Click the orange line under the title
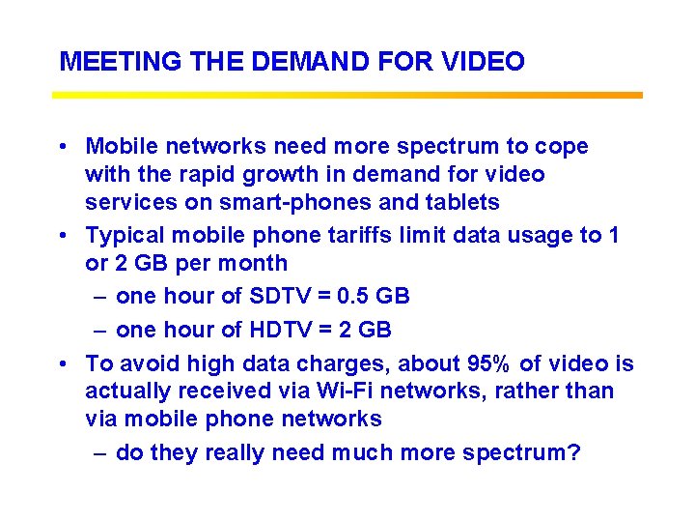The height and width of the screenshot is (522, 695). tap(347, 95)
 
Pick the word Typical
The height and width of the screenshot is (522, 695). tap(124, 234)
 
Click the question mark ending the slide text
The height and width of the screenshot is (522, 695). tap(574, 452)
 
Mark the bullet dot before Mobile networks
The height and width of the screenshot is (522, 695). tap(62, 148)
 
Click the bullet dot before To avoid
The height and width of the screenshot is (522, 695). tap(62, 364)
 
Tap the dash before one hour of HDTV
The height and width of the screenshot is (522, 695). tap(99, 330)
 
